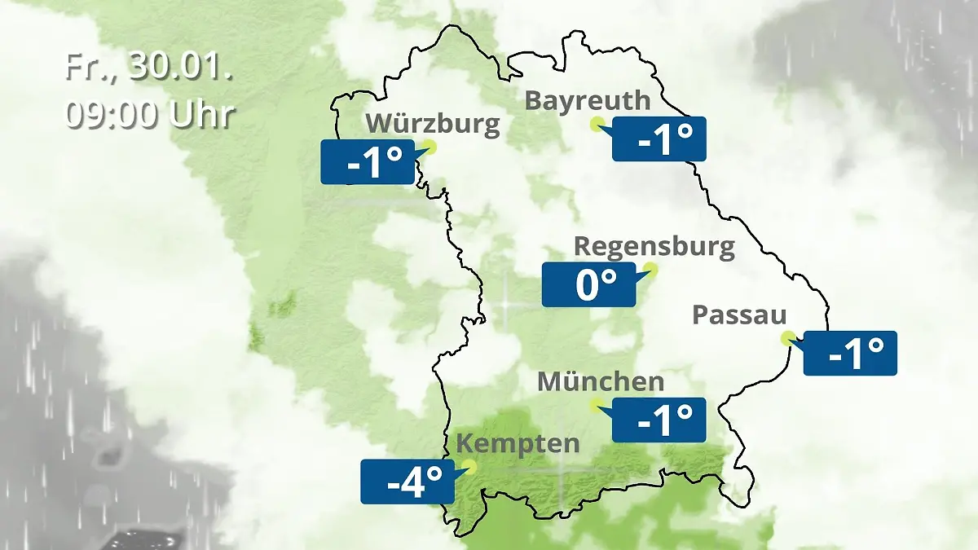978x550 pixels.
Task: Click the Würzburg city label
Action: [432, 124]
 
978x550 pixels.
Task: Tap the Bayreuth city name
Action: [588, 100]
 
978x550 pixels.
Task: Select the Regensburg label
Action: [654, 246]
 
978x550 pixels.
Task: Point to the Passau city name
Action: [739, 315]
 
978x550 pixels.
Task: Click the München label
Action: [601, 381]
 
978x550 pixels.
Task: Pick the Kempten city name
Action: [518, 444]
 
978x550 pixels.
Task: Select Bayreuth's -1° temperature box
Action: [659, 139]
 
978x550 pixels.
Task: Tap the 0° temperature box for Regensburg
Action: [588, 285]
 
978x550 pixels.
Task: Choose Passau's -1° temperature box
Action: [850, 353]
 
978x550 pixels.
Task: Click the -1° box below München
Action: [658, 420]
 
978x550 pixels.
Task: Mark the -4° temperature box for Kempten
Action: [407, 482]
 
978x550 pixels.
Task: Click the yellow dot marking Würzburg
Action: [430, 147]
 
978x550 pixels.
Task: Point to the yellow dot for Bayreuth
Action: [597, 124]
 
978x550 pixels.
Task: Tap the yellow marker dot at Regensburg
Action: [650, 269]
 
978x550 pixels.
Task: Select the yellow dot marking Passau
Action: [787, 337]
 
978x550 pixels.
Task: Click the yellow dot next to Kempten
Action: [468, 467]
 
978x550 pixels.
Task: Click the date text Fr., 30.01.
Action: [149, 68]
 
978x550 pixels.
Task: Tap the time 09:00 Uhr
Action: [150, 115]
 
